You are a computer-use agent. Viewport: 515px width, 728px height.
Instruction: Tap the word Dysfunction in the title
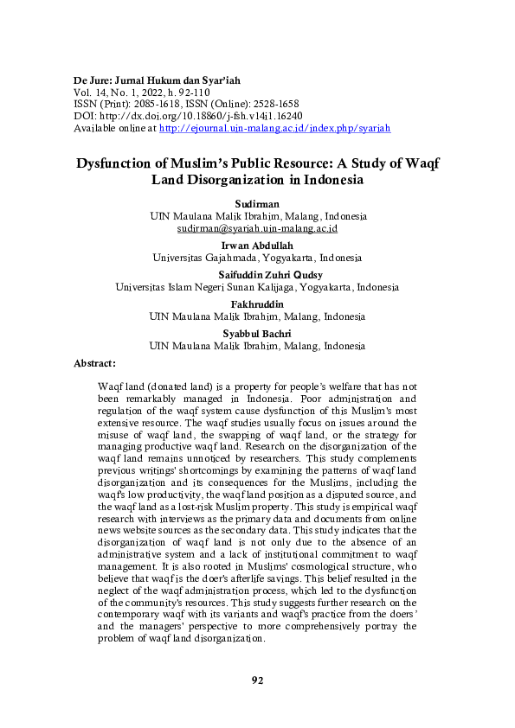(119, 163)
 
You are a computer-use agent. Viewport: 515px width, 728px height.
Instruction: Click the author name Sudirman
(257, 202)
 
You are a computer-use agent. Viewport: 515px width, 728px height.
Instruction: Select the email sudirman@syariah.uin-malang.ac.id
(257, 229)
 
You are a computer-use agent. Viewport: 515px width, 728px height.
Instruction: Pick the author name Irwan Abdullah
(257, 245)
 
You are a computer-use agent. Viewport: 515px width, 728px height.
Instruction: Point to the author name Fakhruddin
(257, 304)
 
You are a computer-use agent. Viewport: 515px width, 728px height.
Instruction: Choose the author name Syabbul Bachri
(257, 334)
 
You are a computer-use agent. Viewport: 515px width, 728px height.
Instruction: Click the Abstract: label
(95, 363)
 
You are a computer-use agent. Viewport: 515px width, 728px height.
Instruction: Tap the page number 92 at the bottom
(257, 680)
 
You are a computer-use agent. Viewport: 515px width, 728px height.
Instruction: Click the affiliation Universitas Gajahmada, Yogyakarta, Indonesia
(257, 258)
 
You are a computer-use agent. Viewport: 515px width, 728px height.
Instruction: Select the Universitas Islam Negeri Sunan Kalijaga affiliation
(257, 287)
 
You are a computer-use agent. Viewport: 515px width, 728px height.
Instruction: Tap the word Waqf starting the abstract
(112, 383)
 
